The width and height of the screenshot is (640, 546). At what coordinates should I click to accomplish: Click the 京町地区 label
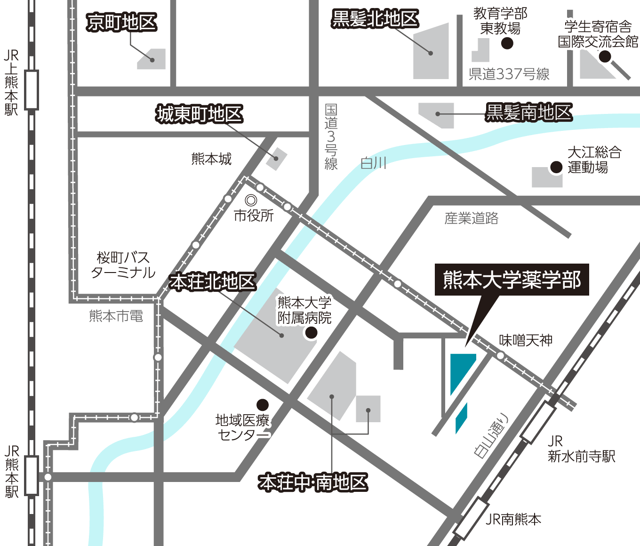(x=121, y=22)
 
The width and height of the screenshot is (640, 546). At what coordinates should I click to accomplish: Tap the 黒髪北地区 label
(x=375, y=19)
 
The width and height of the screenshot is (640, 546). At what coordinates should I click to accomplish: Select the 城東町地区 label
(x=199, y=114)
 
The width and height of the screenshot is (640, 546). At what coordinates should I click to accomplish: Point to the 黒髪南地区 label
(x=528, y=112)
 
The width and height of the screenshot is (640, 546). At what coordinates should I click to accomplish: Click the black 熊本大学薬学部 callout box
(x=512, y=280)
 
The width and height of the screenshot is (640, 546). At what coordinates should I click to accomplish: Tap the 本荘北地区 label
(x=212, y=281)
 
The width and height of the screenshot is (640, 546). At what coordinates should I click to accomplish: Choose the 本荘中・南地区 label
(x=313, y=482)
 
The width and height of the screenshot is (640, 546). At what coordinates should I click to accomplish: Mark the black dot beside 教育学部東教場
(x=507, y=43)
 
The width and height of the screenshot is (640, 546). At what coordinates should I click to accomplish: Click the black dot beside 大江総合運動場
(x=556, y=167)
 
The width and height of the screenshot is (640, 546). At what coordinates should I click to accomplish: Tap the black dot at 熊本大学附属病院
(x=311, y=333)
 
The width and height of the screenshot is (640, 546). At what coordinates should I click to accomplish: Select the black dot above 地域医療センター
(x=263, y=405)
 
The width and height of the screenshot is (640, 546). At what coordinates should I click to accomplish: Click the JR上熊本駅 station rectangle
(x=32, y=90)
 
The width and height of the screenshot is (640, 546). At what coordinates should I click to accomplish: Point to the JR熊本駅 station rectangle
(x=32, y=475)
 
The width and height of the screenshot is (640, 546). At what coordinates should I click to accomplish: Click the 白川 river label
(x=373, y=163)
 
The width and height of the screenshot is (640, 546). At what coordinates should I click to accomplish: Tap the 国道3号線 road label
(x=331, y=136)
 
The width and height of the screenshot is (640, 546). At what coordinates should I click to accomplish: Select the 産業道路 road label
(x=471, y=218)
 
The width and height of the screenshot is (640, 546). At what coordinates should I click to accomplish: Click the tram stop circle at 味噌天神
(x=501, y=355)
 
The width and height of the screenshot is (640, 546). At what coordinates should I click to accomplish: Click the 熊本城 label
(x=211, y=159)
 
